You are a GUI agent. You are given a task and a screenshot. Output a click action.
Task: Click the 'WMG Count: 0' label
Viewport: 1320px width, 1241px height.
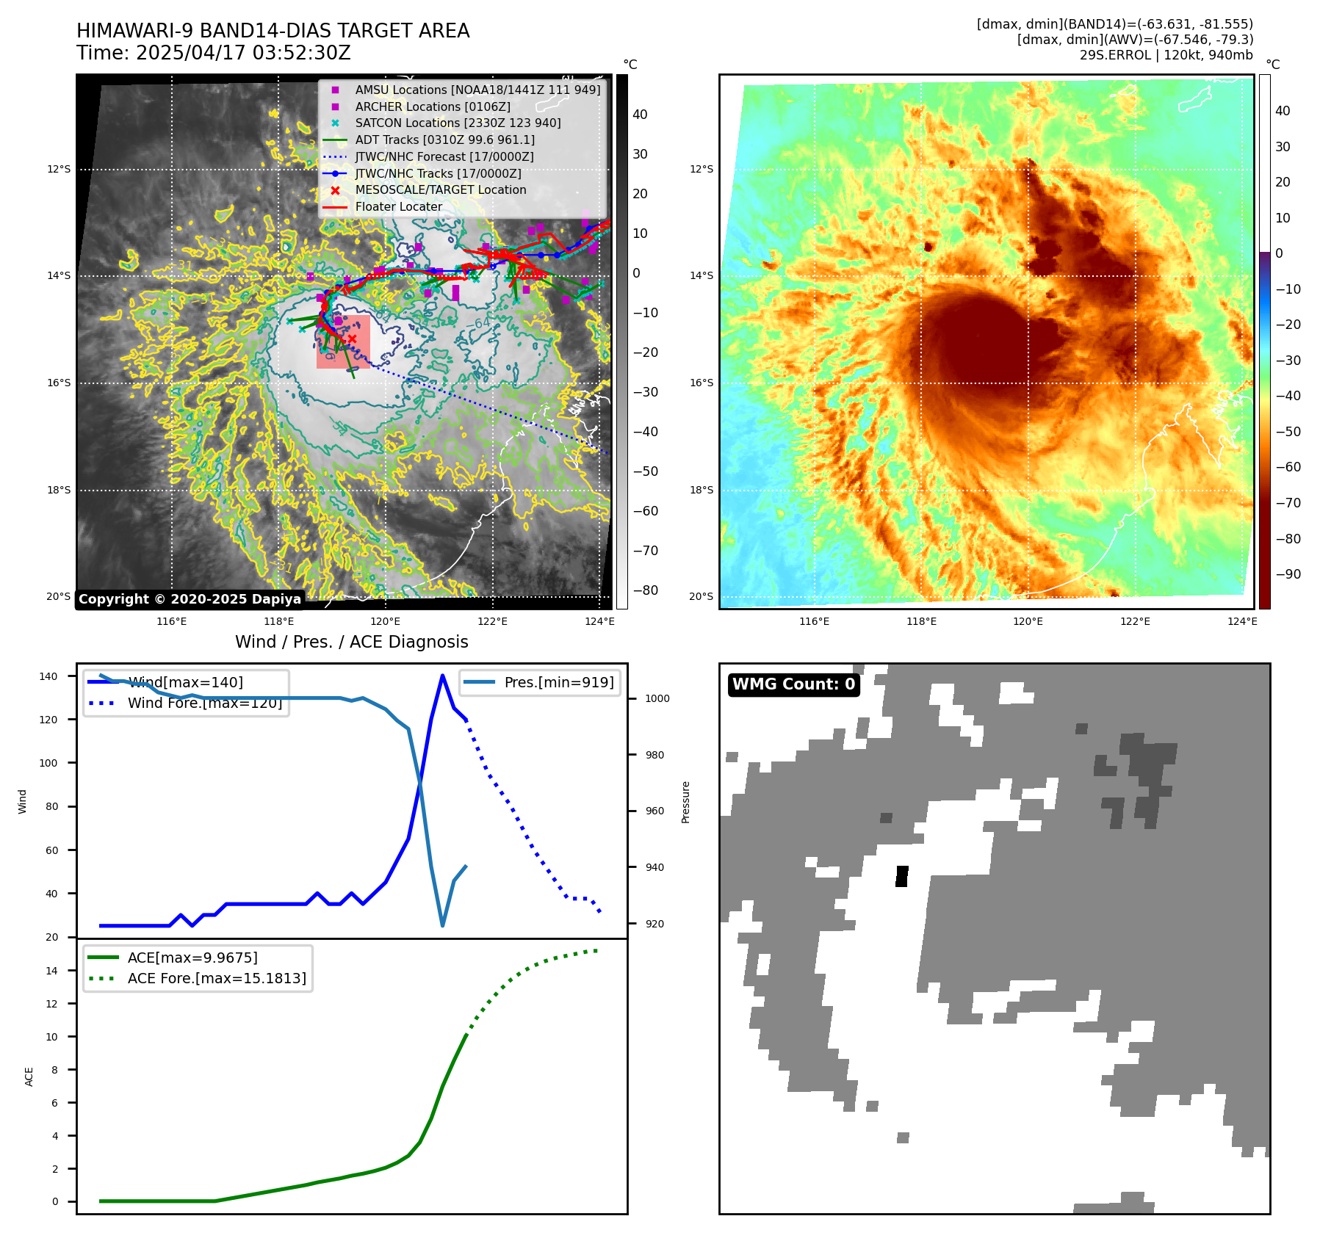point(793,684)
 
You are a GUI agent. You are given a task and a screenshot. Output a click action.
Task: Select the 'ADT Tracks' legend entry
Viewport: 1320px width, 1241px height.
point(444,140)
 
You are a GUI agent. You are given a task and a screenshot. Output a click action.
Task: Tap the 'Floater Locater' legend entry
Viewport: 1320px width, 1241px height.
point(398,206)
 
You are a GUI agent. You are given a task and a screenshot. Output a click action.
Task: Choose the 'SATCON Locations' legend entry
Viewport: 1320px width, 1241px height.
point(458,123)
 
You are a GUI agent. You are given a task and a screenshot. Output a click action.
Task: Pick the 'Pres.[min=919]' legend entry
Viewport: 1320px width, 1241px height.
point(558,682)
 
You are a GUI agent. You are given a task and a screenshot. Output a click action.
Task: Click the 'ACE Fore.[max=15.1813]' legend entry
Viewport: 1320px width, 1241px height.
point(217,978)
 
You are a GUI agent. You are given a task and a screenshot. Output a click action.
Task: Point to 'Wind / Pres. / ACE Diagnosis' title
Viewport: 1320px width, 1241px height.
point(351,642)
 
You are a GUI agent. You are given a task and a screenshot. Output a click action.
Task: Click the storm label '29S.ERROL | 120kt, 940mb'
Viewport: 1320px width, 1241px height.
point(1166,55)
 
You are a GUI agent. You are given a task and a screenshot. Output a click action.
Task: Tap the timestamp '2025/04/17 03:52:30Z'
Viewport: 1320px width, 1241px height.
point(243,53)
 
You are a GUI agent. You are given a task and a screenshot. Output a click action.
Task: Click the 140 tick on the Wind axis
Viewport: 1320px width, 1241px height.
point(48,676)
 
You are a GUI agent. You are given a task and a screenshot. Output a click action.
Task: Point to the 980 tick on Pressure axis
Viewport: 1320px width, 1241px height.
point(657,755)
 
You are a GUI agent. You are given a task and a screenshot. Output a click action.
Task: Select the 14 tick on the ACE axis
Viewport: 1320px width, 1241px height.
point(51,971)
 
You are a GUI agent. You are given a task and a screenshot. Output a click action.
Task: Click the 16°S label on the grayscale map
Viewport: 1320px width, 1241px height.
point(59,383)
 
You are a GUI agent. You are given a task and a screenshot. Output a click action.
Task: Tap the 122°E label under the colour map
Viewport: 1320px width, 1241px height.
point(1135,622)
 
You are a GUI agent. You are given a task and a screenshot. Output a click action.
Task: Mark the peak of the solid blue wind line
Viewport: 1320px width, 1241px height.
point(442,675)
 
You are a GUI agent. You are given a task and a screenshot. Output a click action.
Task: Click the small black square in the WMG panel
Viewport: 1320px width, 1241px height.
point(901,876)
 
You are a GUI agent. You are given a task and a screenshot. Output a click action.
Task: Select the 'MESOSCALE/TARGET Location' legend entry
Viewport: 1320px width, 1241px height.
point(440,189)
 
